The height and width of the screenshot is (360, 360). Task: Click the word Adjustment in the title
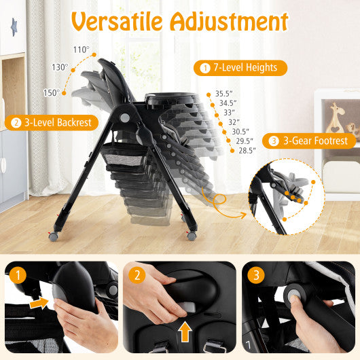tap(231, 22)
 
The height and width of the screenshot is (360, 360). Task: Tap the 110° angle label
tap(82, 50)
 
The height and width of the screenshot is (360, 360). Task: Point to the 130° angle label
tap(60, 67)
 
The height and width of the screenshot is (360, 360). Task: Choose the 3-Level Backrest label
tap(52, 122)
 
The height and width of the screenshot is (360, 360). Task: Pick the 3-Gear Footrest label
tap(312, 141)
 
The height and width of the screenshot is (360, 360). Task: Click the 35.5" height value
tap(223, 93)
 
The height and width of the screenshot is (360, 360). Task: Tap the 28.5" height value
tap(246, 151)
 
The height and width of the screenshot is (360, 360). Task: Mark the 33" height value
tap(229, 112)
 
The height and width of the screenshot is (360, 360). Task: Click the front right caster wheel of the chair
tap(192, 236)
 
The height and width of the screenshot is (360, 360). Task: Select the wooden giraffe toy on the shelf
tap(336, 117)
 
